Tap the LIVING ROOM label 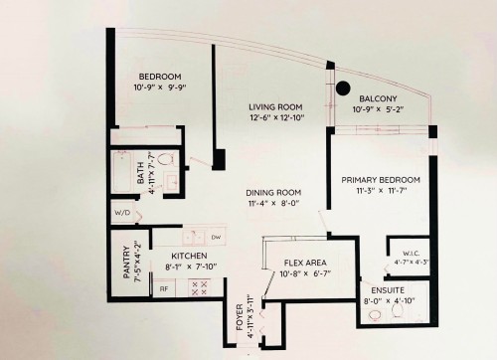coord(276,105)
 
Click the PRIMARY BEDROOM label coord(381,179)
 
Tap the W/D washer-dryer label coord(123,213)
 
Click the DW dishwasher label coord(216,237)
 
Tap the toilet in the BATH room coord(167,158)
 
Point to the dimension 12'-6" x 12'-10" coord(276,117)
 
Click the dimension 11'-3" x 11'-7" coord(381,191)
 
